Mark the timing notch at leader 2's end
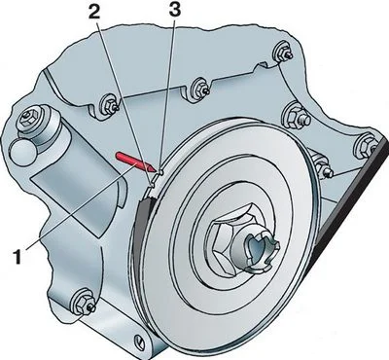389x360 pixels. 151,185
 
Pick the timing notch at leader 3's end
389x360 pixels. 160,171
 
